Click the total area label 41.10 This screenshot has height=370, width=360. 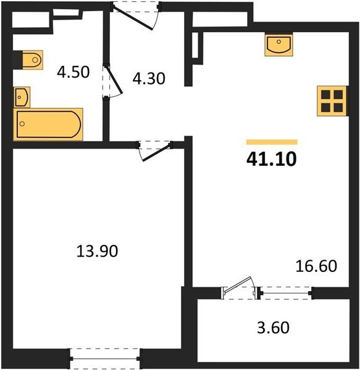pyautogui.click(x=271, y=159)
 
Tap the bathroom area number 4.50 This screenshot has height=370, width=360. pyautogui.click(x=73, y=72)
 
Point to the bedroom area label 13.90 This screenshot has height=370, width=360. pyautogui.click(x=97, y=251)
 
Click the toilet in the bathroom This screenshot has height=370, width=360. pyautogui.click(x=30, y=60)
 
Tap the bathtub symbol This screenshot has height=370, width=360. pyautogui.click(x=48, y=125)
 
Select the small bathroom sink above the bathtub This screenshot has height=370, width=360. pyautogui.click(x=22, y=97)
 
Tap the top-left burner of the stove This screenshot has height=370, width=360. pyautogui.click(x=325, y=95)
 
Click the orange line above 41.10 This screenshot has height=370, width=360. pyautogui.click(x=271, y=142)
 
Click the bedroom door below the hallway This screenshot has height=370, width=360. pyautogui.click(x=153, y=149)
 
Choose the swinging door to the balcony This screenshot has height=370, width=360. pyautogui.click(x=238, y=290)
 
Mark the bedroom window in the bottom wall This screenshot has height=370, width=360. pyautogui.click(x=106, y=357)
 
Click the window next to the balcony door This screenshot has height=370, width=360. pyautogui.click(x=285, y=292)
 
